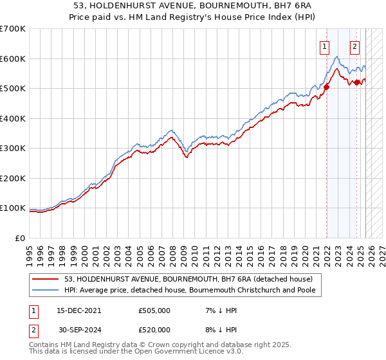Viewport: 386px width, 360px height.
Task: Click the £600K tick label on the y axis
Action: coord(13,59)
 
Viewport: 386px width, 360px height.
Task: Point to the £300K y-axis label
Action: coord(13,148)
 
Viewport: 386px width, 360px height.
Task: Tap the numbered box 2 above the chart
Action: coord(354,46)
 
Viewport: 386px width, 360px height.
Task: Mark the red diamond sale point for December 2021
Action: coord(326,87)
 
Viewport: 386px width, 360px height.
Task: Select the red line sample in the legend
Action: coord(45,279)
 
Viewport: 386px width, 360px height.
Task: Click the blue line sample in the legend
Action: coord(45,291)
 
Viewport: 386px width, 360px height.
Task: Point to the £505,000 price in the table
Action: coord(154,310)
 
